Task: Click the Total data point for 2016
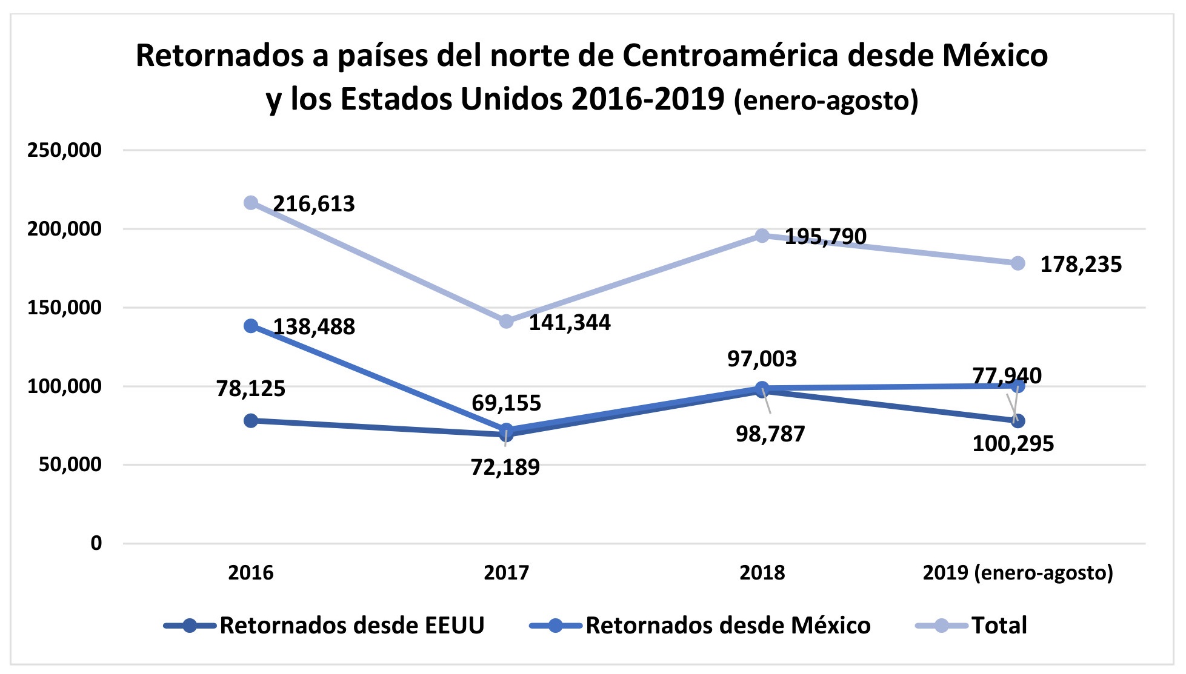(x=251, y=203)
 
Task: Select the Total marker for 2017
(x=507, y=322)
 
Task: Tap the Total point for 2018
(x=762, y=236)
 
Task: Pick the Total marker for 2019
(x=1018, y=263)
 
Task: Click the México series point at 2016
(x=251, y=326)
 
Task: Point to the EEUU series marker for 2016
(x=251, y=420)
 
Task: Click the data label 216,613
(x=314, y=204)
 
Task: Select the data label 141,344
(x=570, y=323)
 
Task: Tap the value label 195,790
(x=825, y=237)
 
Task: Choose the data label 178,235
(x=1081, y=265)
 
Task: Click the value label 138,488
(x=314, y=327)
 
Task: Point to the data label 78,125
(x=251, y=389)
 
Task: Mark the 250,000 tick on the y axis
(x=64, y=150)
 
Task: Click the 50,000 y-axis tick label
(x=70, y=465)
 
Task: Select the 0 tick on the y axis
(x=96, y=544)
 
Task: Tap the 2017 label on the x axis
(x=507, y=573)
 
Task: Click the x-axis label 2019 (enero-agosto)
(x=1018, y=573)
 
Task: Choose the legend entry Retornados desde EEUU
(x=351, y=626)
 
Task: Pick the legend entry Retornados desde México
(x=727, y=626)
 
